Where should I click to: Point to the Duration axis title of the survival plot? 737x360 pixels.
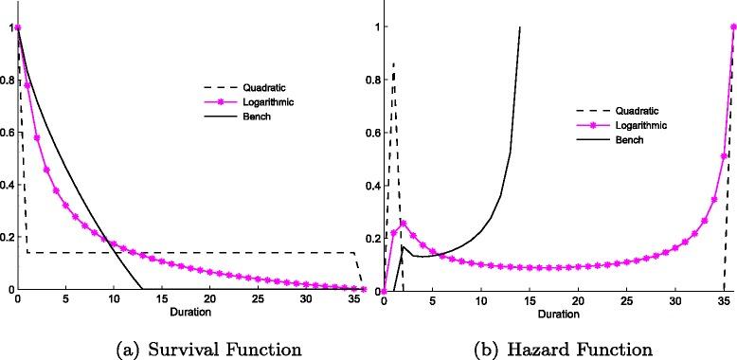coord(190,312)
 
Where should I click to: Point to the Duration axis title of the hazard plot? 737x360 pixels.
coord(558,312)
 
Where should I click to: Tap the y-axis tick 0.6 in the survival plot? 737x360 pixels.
coord(8,133)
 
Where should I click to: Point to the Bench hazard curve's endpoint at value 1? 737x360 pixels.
coord(519,27)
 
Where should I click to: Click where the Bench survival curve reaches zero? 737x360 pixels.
coord(142,290)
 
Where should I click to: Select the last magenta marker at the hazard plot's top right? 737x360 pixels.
coord(733,27)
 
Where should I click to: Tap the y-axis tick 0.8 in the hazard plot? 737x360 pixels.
coord(372,80)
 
